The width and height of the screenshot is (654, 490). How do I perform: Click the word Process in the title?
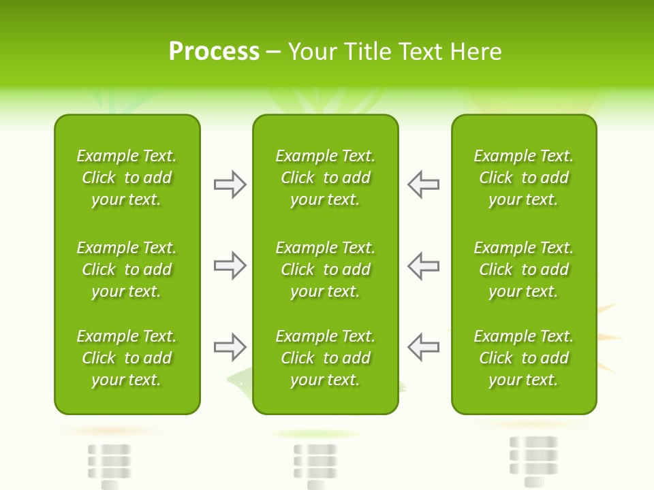214,52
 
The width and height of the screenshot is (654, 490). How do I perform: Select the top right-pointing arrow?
230,184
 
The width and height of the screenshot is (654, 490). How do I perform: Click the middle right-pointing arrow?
230,265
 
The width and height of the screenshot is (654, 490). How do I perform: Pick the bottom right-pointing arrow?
230,347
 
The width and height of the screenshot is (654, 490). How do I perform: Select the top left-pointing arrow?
423,184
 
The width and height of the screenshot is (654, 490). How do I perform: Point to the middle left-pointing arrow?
423,265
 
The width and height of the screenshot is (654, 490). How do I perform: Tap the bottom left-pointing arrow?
423,347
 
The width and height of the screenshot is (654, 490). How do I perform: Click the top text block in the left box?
127,178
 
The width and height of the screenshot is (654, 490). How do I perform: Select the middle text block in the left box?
127,269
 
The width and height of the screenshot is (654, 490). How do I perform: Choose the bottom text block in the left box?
127,358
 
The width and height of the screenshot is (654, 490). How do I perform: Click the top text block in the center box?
325,178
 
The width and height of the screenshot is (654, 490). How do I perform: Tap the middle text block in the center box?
325,269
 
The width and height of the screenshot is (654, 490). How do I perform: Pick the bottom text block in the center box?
325,358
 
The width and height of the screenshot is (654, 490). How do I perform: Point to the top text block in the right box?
523,178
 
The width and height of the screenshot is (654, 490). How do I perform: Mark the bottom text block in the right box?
523,358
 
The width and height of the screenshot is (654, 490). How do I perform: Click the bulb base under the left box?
108,465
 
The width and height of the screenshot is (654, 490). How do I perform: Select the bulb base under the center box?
315,465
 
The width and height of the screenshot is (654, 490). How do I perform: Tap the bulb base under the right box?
533,459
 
